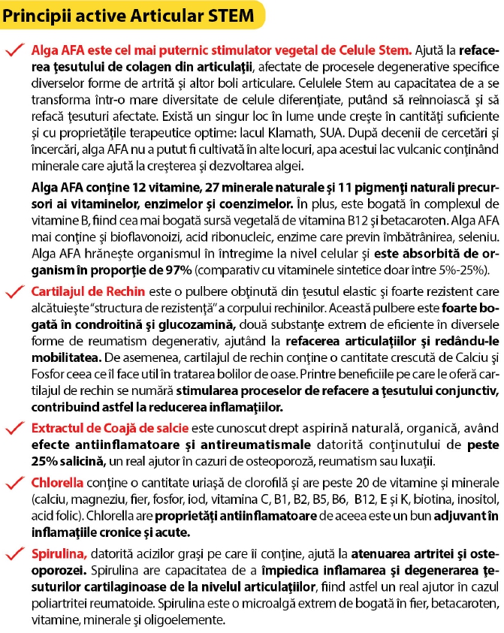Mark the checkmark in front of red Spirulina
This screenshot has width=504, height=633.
pyautogui.click(x=15, y=553)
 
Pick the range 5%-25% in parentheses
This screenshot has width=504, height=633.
pyautogui.click(x=468, y=270)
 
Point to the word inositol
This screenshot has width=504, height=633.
pyautogui.click(x=471, y=500)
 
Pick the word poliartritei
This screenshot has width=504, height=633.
pyautogui.click(x=65, y=586)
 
